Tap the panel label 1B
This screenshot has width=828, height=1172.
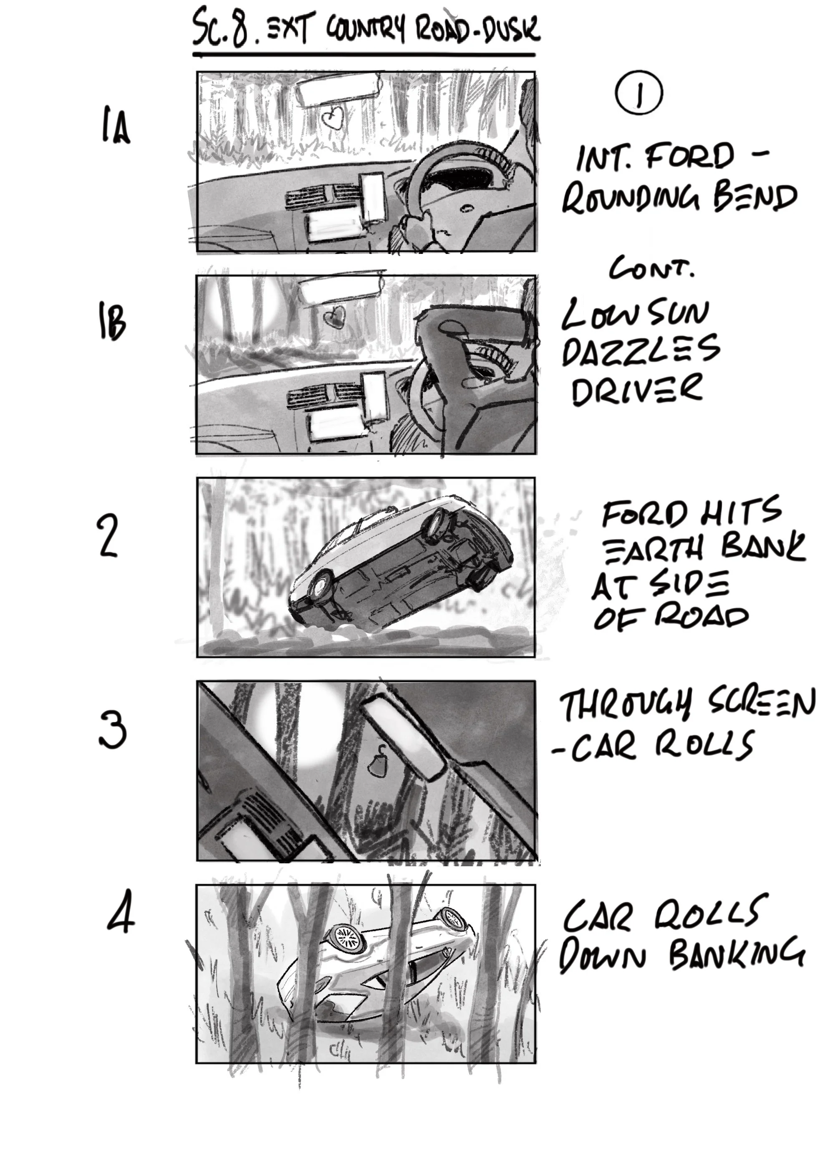[112, 322]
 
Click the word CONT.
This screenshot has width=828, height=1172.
[651, 269]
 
